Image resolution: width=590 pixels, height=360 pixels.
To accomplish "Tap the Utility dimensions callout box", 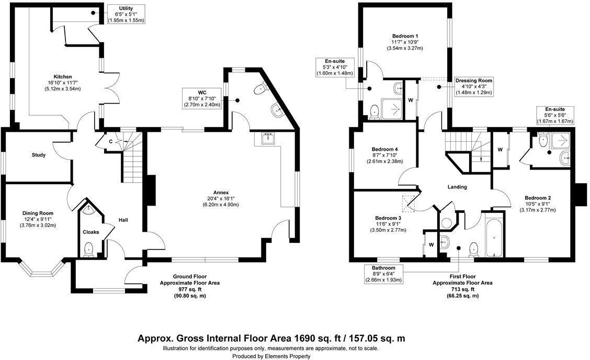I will tap(126, 14).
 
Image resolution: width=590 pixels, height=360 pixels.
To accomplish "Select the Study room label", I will tap(38, 155).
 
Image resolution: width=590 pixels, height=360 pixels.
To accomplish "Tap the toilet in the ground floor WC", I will tap(258, 91).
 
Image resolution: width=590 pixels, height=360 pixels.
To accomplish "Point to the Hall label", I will tap(123, 220).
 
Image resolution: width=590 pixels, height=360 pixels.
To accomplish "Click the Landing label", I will tap(457, 187).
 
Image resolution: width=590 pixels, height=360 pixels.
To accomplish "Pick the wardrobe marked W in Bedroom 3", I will tap(431, 244).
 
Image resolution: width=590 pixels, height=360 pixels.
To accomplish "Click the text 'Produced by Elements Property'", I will tap(271, 356).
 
